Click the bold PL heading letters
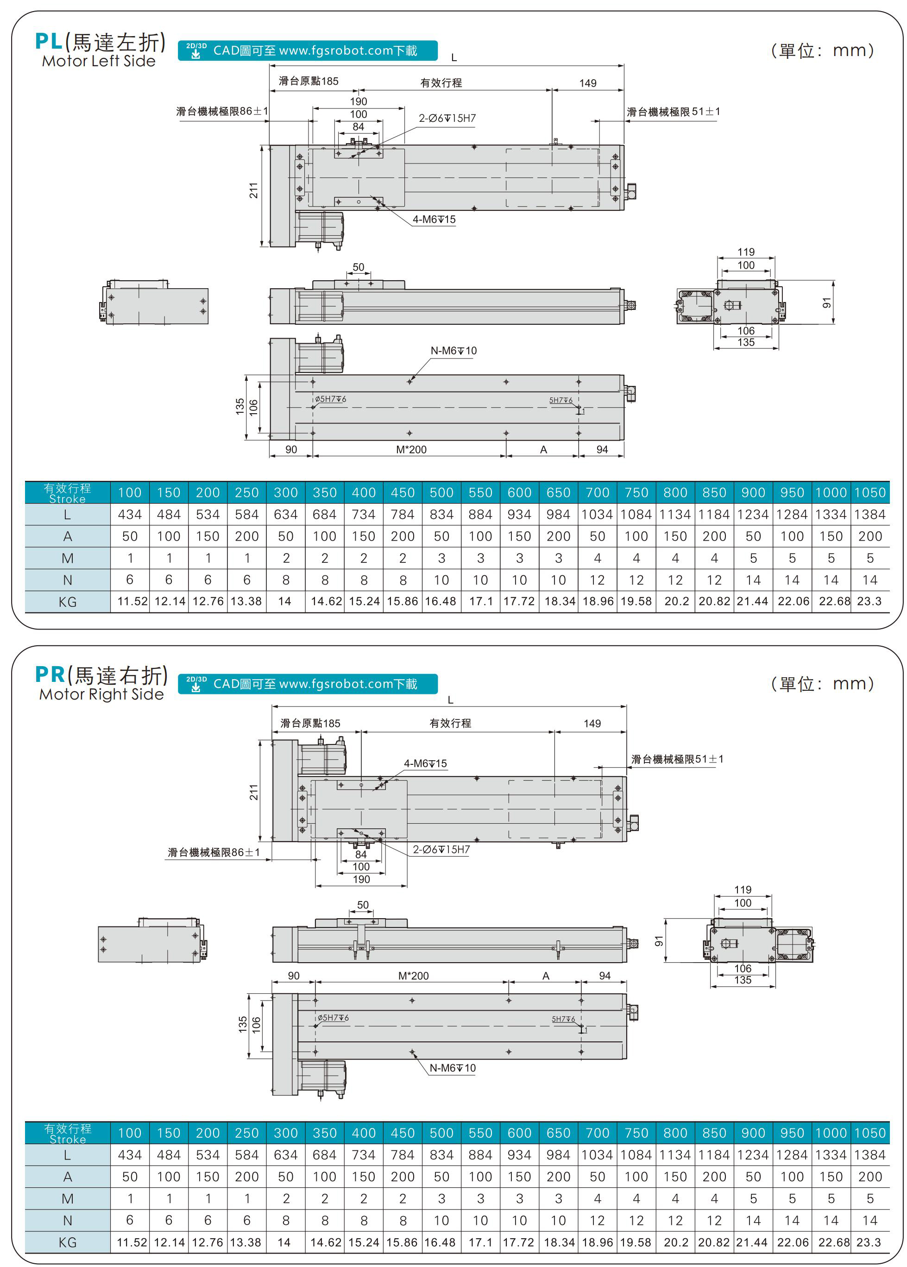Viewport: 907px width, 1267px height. click(49, 41)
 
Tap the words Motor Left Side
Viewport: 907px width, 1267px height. click(99, 61)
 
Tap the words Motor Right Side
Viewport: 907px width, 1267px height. click(101, 694)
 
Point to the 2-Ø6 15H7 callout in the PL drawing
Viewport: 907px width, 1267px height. click(447, 119)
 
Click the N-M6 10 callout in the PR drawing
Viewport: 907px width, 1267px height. click(453, 1068)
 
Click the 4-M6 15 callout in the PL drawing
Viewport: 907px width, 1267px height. click(434, 220)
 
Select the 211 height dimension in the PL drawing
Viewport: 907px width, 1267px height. click(253, 190)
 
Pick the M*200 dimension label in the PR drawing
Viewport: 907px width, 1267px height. click(413, 976)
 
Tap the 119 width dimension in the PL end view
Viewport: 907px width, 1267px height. click(746, 252)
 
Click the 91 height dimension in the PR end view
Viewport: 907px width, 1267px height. click(659, 941)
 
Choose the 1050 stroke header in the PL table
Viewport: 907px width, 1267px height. click(869, 492)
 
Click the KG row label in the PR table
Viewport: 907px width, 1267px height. click(68, 1242)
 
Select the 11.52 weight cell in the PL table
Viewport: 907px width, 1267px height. click(132, 601)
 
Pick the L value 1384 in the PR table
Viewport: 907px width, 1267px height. click(869, 1155)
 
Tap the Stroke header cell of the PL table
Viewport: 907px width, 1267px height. click(68, 493)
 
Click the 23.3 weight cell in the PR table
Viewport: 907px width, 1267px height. click(869, 1242)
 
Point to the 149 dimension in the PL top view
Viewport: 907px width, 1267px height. click(587, 83)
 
